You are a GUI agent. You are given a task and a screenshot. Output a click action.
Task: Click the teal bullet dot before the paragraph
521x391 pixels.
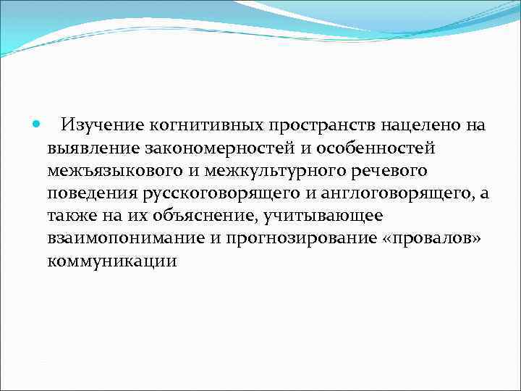pyautogui.click(x=36, y=125)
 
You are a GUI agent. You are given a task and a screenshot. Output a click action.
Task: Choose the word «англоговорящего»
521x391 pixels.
pyautogui.click(x=392, y=193)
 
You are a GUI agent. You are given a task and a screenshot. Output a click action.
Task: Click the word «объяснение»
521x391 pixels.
pyautogui.click(x=196, y=216)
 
